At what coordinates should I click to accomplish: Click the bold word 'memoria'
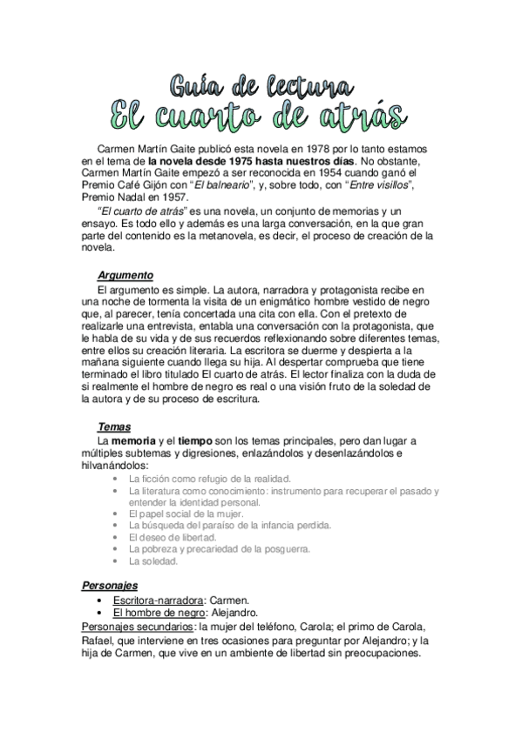click(x=132, y=441)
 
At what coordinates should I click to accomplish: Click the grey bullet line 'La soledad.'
click(x=153, y=560)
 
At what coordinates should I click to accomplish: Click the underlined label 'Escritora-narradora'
click(x=157, y=600)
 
